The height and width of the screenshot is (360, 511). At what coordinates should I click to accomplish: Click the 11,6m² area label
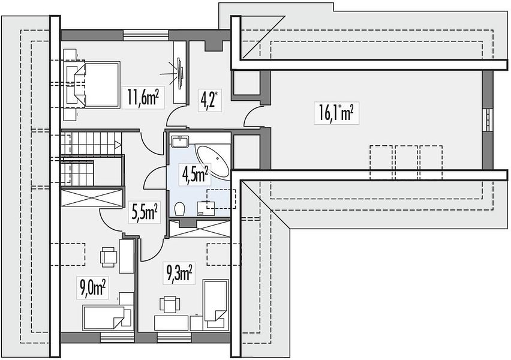tap(143, 97)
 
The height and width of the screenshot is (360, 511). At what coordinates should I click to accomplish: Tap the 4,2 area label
tap(209, 100)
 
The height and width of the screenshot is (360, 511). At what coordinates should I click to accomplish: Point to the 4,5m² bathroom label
tap(195, 174)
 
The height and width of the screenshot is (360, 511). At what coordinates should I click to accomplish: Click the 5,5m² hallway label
tap(145, 212)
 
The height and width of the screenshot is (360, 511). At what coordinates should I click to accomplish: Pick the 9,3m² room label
tap(179, 272)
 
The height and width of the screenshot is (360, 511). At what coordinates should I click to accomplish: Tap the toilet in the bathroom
tap(179, 209)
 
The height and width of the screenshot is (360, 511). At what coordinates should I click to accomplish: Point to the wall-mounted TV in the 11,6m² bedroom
tap(180, 73)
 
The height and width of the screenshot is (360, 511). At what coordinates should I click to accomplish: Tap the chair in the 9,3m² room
tap(170, 305)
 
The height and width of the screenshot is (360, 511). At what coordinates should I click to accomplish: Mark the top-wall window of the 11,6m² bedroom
tap(146, 35)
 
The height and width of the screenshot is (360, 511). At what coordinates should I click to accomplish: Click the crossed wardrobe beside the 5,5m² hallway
tap(92, 197)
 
